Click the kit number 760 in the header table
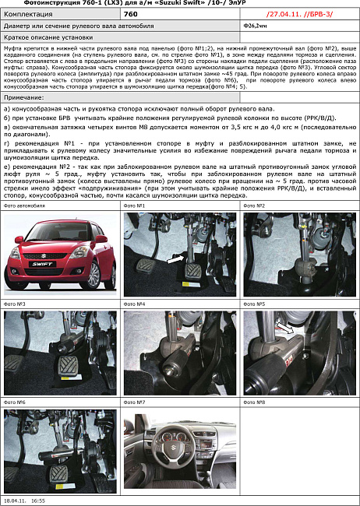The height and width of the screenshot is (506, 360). coord(131,14)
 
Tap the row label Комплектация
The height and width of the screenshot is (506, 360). coord(28,14)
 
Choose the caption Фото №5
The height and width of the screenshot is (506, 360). coord(256,304)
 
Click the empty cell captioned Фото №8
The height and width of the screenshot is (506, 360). coord(300,452)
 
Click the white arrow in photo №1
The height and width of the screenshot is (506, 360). coord(176,256)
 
